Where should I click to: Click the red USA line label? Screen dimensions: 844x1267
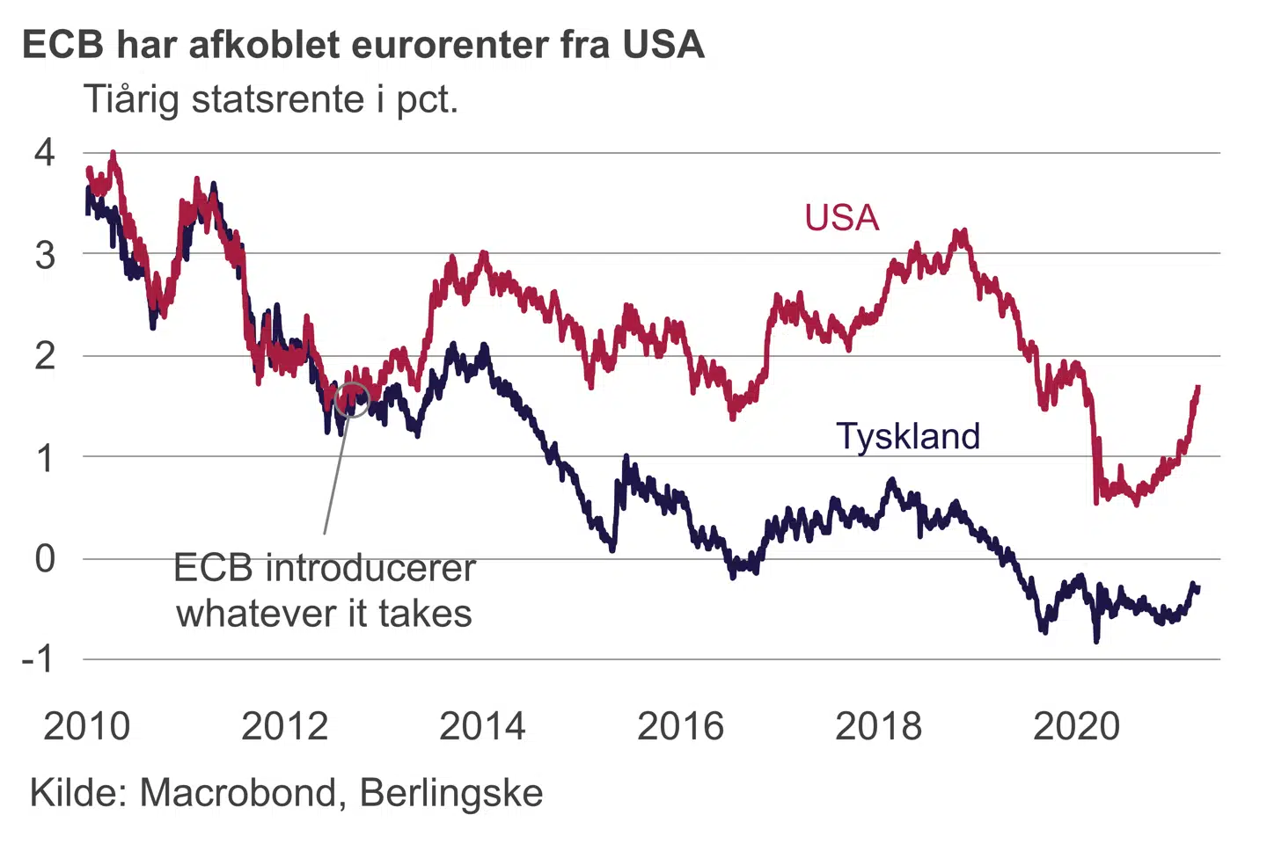841,218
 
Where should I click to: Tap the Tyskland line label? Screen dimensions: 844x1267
907,436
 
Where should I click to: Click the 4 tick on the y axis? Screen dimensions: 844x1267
44,153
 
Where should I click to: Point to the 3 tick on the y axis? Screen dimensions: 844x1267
44,255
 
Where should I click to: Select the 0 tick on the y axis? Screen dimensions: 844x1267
44,558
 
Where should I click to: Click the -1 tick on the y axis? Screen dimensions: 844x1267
38,658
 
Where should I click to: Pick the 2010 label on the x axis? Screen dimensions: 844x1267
86,726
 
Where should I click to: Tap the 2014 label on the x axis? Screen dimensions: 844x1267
482,726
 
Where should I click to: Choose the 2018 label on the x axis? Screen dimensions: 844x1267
878,726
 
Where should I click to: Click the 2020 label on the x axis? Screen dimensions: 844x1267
1076,726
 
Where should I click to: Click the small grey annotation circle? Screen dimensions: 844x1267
352,400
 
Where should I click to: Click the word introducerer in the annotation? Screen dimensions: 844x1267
370,568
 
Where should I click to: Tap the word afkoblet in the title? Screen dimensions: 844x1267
264,45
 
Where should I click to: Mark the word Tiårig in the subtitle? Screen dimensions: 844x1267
133,99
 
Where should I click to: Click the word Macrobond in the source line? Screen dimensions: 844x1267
238,793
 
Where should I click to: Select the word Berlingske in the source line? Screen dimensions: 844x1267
451,793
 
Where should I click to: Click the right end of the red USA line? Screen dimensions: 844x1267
1197,388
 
